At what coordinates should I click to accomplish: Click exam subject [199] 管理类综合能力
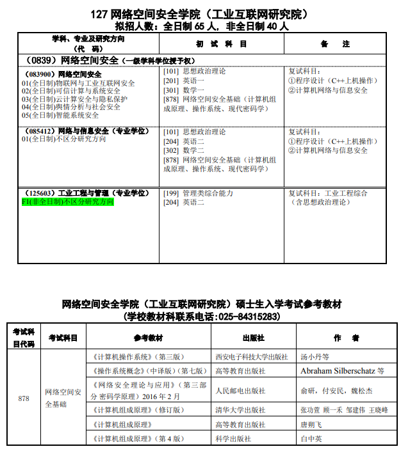(x=199, y=193)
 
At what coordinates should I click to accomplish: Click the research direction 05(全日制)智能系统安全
(x=60, y=115)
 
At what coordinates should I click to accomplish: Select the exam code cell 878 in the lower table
(x=24, y=398)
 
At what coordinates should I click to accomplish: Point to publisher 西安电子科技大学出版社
(x=251, y=357)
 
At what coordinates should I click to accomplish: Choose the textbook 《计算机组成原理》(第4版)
(x=138, y=438)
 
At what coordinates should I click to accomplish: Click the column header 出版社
(x=253, y=338)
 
